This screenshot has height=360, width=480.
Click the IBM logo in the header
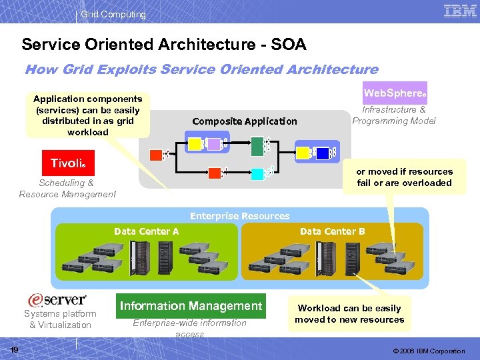click(x=460, y=11)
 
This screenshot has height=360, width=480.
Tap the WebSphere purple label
click(x=395, y=93)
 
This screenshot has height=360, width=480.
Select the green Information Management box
click(x=191, y=306)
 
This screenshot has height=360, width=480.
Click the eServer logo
click(x=57, y=300)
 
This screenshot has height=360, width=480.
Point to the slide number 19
click(x=14, y=350)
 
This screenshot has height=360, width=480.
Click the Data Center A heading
click(x=146, y=231)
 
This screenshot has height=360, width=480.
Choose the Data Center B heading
click(x=332, y=231)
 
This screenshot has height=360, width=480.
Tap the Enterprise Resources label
click(x=239, y=216)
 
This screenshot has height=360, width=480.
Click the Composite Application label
click(x=245, y=121)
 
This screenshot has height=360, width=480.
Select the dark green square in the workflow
click(x=258, y=143)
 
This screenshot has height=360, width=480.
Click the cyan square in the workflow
click(x=258, y=173)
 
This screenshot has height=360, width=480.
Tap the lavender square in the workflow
click(x=213, y=143)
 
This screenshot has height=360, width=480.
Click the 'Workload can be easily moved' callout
click(x=349, y=314)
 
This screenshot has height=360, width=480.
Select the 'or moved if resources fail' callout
click(x=404, y=177)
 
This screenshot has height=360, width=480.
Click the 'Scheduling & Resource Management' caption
click(x=67, y=189)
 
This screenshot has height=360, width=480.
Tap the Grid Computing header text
click(x=113, y=14)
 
